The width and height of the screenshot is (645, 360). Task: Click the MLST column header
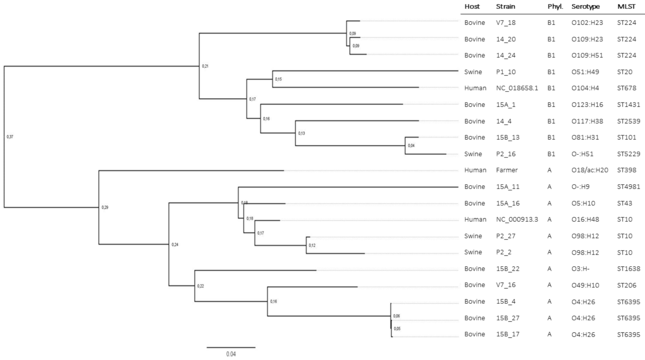pyautogui.click(x=626, y=6)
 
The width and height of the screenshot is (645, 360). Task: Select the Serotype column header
pyautogui.click(x=585, y=6)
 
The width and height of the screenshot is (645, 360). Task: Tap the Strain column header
pyautogui.click(x=505, y=6)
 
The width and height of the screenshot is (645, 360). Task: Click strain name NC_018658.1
pyautogui.click(x=517, y=88)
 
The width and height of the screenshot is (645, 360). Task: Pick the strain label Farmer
pyautogui.click(x=507, y=170)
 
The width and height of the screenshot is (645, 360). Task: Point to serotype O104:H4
pyautogui.click(x=585, y=88)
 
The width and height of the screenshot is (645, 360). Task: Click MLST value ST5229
pyautogui.click(x=628, y=154)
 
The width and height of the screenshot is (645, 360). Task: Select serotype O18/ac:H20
pyautogui.click(x=590, y=170)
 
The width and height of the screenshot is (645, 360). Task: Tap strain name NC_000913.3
pyautogui.click(x=517, y=220)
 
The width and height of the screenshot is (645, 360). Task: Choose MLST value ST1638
pyautogui.click(x=628, y=269)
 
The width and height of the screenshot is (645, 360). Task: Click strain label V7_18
pyautogui.click(x=505, y=23)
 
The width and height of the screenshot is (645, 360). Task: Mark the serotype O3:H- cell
pyautogui.click(x=580, y=269)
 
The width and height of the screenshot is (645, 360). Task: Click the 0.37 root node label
pyautogui.click(x=10, y=137)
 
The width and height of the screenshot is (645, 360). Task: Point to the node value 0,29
pyautogui.click(x=105, y=207)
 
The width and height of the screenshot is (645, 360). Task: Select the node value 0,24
pyautogui.click(x=175, y=245)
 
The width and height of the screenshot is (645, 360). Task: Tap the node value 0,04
pyautogui.click(x=411, y=146)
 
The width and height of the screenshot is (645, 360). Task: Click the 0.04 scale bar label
pyautogui.click(x=231, y=354)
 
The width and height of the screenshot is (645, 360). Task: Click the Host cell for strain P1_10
pyautogui.click(x=473, y=72)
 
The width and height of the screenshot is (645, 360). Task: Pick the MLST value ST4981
pyautogui.click(x=628, y=187)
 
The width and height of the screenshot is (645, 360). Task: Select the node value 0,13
pyautogui.click(x=301, y=133)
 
